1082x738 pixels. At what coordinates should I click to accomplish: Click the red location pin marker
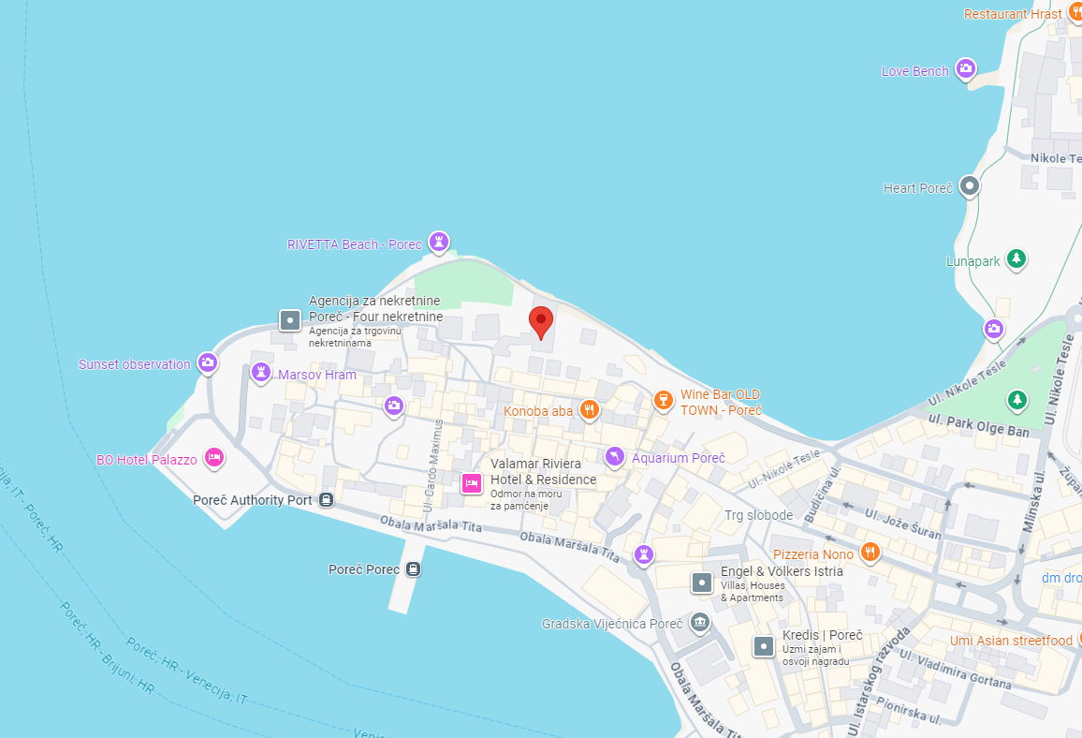pyautogui.click(x=540, y=320)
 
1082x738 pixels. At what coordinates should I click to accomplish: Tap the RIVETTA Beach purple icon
pyautogui.click(x=438, y=242)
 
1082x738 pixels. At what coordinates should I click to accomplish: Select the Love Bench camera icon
pyautogui.click(x=967, y=68)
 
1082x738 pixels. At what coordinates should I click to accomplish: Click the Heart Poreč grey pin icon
pyautogui.click(x=971, y=186)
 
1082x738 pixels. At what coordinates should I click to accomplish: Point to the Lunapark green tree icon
pyautogui.click(x=1016, y=258)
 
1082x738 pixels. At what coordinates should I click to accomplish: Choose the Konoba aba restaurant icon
pyautogui.click(x=589, y=408)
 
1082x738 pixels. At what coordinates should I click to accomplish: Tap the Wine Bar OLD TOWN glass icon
pyautogui.click(x=663, y=400)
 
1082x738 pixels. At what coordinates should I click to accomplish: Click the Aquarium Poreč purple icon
pyautogui.click(x=614, y=456)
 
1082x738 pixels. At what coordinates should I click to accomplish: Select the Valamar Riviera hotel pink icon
pyautogui.click(x=471, y=483)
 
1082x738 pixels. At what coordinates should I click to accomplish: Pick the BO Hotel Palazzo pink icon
pyautogui.click(x=214, y=457)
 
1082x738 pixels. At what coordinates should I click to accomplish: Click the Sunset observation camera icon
pyautogui.click(x=208, y=362)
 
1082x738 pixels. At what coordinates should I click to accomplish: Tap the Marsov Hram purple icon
pyautogui.click(x=261, y=372)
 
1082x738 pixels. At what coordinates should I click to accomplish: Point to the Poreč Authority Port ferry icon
pyautogui.click(x=326, y=499)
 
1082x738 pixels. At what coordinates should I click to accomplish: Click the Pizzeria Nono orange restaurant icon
pyautogui.click(x=870, y=552)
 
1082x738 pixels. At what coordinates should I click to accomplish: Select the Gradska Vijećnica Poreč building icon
pyautogui.click(x=699, y=623)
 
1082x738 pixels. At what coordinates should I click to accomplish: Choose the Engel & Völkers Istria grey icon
pyautogui.click(x=702, y=583)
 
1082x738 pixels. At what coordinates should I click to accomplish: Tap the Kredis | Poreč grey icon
pyautogui.click(x=765, y=646)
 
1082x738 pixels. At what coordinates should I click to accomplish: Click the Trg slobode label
pyautogui.click(x=758, y=515)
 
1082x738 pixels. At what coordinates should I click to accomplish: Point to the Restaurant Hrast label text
pyautogui.click(x=1013, y=14)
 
